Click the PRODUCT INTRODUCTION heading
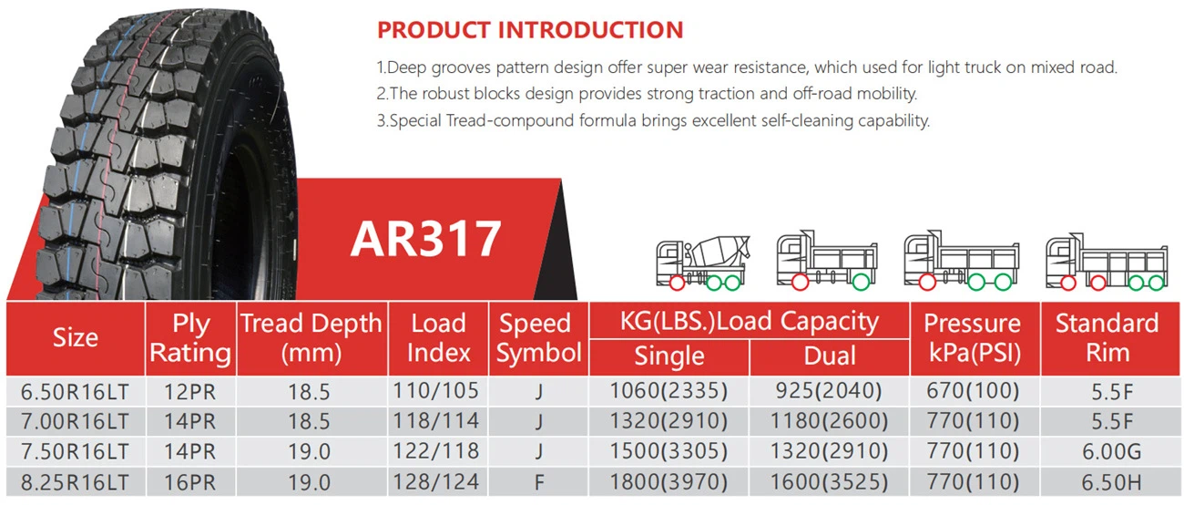tap(530, 29)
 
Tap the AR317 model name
tap(425, 239)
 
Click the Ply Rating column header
tap(190, 338)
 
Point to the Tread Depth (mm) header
tap(311, 338)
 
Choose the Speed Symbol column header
tap(539, 338)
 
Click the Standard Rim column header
tap(1107, 338)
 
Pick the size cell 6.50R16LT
tap(76, 391)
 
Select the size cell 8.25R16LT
tap(76, 481)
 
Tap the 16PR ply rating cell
tap(190, 481)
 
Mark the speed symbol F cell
tap(539, 481)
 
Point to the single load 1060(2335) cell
tap(669, 391)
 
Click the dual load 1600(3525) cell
tap(830, 481)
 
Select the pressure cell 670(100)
tap(972, 391)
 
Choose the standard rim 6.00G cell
tap(1107, 451)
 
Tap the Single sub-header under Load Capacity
tap(669, 356)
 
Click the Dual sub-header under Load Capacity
tap(830, 356)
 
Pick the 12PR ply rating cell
tap(190, 391)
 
